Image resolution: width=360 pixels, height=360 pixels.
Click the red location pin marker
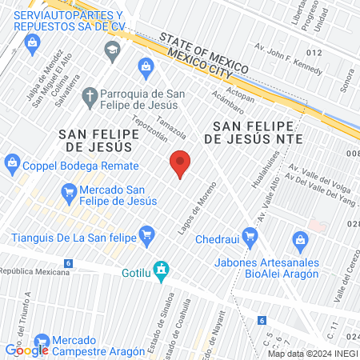pyautogui.click(x=181, y=163)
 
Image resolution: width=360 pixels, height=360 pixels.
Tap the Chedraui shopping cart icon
pyautogui.click(x=251, y=235)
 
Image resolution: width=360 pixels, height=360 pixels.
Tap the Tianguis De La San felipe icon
pyautogui.click(x=146, y=235)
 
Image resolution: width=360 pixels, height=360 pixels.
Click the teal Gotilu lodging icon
pyautogui.click(x=162, y=271)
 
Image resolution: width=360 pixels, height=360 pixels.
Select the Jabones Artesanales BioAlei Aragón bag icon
pyautogui.click(x=300, y=239)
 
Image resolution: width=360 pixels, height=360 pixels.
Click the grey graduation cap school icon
pyautogui.click(x=111, y=52)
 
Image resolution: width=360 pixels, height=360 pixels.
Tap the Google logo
pyautogui.click(x=27, y=350)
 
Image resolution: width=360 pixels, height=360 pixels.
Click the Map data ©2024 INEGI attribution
pyautogui.click(x=312, y=353)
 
